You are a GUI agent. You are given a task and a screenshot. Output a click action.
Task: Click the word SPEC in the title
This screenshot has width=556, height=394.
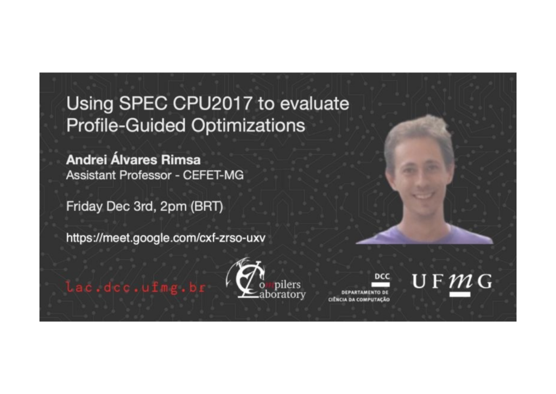click(143, 104)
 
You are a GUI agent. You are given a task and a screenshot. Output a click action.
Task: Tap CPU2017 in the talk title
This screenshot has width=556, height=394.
click(212, 104)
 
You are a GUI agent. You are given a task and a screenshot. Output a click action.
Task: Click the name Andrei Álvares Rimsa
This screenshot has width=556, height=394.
click(134, 160)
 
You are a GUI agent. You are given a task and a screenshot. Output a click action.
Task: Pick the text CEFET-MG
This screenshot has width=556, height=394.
click(213, 175)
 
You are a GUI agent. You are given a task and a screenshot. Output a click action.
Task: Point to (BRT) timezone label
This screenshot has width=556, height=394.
click(207, 207)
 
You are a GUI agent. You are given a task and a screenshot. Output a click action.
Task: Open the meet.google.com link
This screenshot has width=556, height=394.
click(166, 237)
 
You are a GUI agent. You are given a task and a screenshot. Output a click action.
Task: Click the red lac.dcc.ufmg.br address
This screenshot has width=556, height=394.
click(136, 287)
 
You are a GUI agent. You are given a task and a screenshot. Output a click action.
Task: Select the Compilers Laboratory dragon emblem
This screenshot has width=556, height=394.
click(246, 278)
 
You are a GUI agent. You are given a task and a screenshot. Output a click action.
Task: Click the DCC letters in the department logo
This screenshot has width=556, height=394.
click(382, 276)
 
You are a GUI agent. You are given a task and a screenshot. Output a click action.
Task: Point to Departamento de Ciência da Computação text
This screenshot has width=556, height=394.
click(359, 296)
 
